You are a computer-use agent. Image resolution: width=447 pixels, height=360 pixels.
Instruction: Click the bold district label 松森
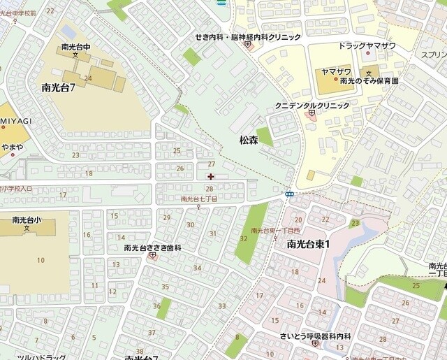[x=249, y=141]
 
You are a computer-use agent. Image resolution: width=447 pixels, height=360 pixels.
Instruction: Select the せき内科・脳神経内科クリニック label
[x=248, y=36]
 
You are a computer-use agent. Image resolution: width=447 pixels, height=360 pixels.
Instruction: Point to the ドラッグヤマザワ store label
[x=367, y=45]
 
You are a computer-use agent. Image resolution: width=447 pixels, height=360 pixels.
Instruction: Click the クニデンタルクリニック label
[x=312, y=105]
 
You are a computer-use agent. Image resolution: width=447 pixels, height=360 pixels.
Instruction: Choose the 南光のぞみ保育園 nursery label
[x=369, y=81]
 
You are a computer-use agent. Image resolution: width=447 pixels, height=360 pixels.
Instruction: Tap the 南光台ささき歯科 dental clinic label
[x=152, y=247]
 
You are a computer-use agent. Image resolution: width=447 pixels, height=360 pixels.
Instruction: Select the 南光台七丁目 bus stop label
[x=199, y=199]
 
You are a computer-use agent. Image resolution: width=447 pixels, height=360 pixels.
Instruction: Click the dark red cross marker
[x=211, y=176]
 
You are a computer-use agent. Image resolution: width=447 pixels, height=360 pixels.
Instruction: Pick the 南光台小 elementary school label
[x=27, y=219]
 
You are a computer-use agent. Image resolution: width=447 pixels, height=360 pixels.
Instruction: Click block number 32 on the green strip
[x=243, y=239]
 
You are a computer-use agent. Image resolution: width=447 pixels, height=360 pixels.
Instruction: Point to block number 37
[x=152, y=332]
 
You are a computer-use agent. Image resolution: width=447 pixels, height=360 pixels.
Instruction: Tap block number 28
[x=208, y=189]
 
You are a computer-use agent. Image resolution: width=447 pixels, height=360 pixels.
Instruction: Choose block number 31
[x=212, y=233]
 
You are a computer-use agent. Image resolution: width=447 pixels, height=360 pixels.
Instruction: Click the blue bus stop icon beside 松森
[x=288, y=194]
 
